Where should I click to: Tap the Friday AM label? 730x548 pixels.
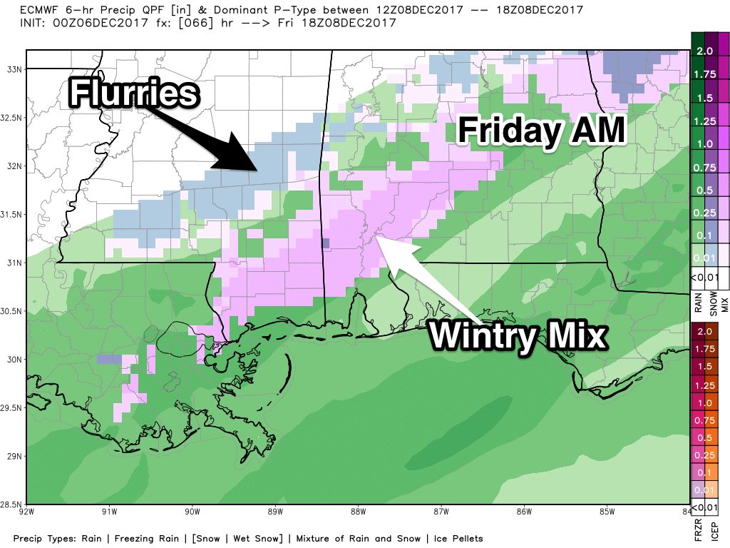[541, 131]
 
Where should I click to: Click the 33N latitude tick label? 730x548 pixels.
[14, 69]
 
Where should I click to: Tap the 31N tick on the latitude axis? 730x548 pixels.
[14, 263]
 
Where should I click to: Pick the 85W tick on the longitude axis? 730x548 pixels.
[607, 511]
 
